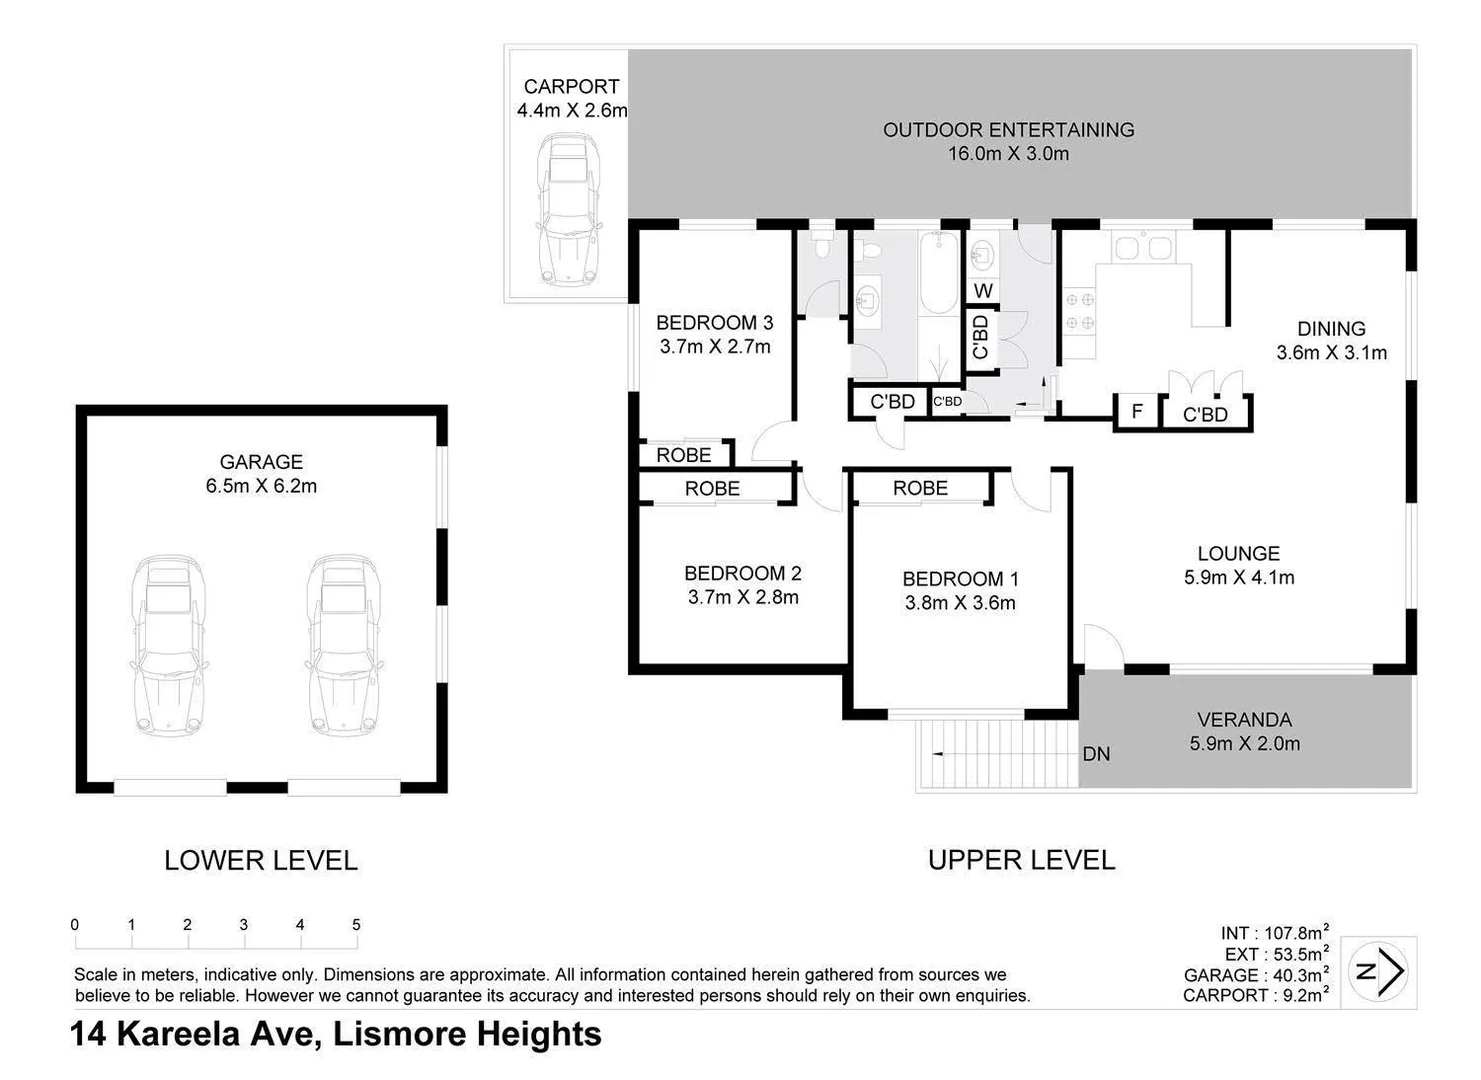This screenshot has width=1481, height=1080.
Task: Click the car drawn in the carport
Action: coord(569,211)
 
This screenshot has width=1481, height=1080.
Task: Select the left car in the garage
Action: coord(169,645)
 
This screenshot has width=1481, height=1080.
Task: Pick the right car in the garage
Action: coord(345,645)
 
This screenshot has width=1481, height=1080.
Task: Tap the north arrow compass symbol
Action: coord(1379,970)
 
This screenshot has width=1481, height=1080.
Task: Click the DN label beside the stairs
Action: coord(1096,754)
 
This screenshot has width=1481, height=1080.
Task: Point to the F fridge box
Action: coord(1137,412)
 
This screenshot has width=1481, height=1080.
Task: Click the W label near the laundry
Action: coord(983,291)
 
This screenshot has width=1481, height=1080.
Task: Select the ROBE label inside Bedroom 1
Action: coord(920,488)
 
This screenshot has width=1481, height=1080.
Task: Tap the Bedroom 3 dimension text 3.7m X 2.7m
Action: coord(714,347)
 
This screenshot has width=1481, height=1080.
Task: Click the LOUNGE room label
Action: coord(1238,553)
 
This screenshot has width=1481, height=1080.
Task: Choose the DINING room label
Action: coord(1331,328)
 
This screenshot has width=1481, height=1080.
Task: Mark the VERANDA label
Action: coord(1244,719)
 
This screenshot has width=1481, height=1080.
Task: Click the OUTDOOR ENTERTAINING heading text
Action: coord(1008,130)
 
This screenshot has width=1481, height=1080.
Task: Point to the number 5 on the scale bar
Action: coord(356,925)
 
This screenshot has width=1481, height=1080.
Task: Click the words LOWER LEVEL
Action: coord(261,860)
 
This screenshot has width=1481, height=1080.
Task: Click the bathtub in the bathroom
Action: coord(939,272)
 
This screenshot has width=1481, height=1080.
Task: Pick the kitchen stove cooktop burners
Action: coord(1078,311)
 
